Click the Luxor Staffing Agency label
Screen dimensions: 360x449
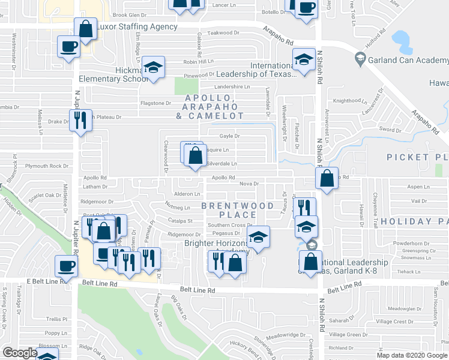[x=139, y=27]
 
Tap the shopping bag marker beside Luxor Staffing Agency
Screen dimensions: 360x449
[x=86, y=28]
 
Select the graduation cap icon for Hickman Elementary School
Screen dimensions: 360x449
[x=154, y=67]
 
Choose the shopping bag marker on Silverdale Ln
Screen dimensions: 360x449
[x=195, y=156]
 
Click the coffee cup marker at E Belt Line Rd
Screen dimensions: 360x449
[x=66, y=265]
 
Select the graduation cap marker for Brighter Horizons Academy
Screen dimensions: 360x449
[x=259, y=236]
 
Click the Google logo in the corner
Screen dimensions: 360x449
[x=20, y=353]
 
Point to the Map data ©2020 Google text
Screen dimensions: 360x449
[x=412, y=355]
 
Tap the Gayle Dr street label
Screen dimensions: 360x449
[x=229, y=136]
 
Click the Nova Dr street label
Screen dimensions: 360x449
[x=248, y=184]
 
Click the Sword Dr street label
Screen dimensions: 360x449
[x=389, y=130]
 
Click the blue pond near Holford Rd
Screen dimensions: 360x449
[x=400, y=41]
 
